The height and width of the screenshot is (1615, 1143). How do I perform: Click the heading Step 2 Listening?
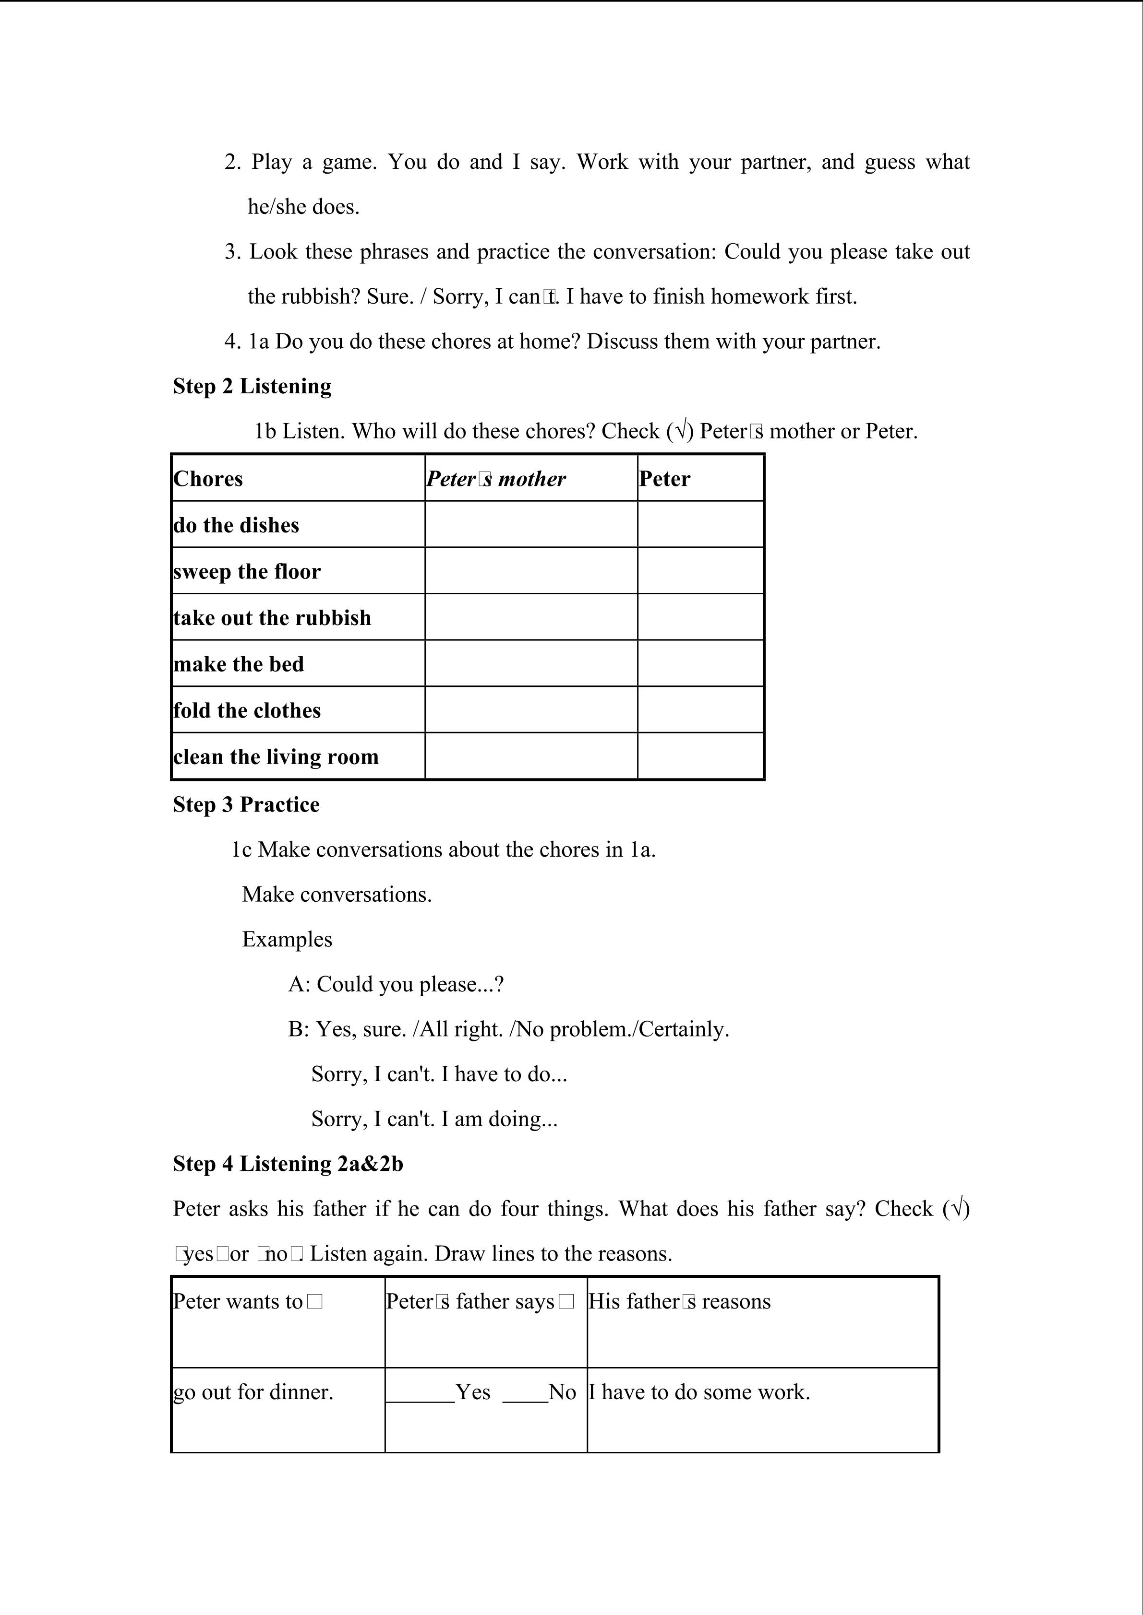click(252, 386)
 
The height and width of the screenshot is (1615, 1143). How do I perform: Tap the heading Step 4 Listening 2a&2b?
click(288, 1164)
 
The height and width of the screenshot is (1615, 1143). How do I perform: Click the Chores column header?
click(208, 479)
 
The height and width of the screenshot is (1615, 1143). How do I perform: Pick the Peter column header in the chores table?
click(664, 479)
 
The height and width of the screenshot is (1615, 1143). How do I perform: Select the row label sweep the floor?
click(247, 572)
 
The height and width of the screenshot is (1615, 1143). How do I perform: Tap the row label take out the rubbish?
click(272, 618)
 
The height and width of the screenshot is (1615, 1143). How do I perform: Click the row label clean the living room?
click(276, 757)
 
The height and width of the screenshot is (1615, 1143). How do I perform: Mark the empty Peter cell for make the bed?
click(700, 663)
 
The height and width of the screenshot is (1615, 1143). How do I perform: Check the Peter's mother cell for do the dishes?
click(530, 525)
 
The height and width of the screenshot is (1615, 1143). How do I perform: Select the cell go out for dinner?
click(253, 1392)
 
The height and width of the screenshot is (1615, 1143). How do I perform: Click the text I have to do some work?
click(699, 1392)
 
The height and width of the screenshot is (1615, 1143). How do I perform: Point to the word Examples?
click(287, 940)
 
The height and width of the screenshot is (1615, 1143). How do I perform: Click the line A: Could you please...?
click(396, 985)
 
